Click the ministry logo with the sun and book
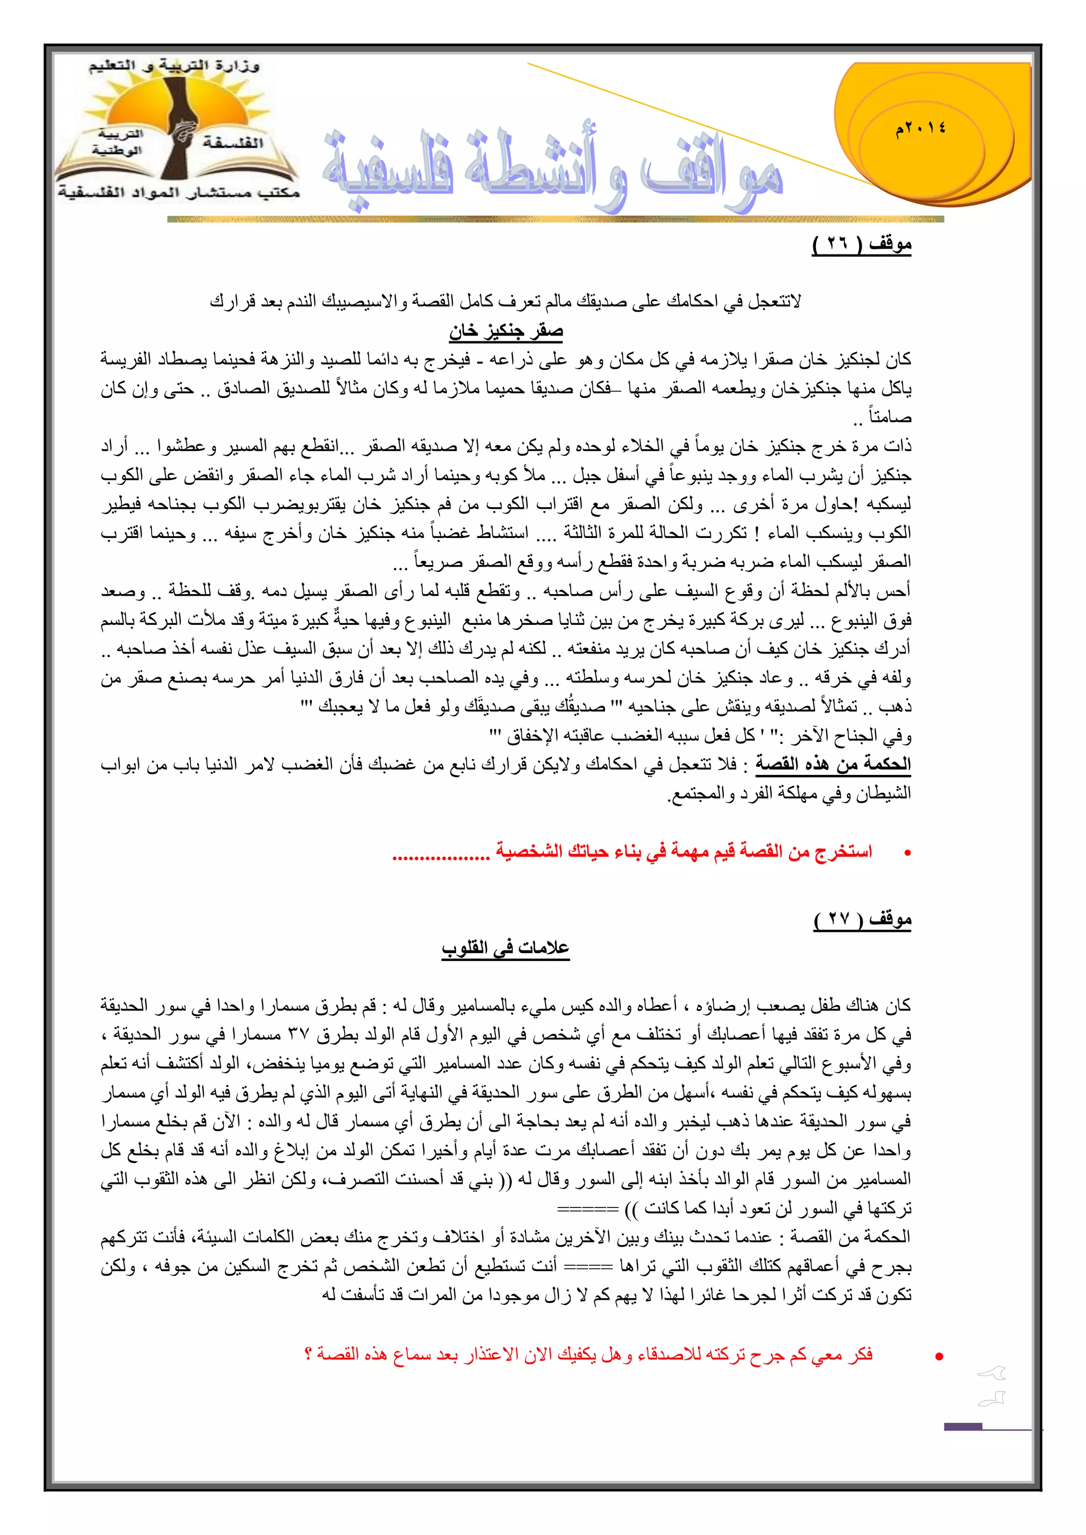coord(177,131)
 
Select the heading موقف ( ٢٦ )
coord(861,245)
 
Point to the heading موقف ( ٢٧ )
coord(863,920)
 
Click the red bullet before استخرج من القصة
coord(907,853)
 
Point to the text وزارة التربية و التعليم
coord(174,66)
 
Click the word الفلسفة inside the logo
coord(233,143)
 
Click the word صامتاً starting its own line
coord(890,418)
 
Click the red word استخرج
coord(844,852)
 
